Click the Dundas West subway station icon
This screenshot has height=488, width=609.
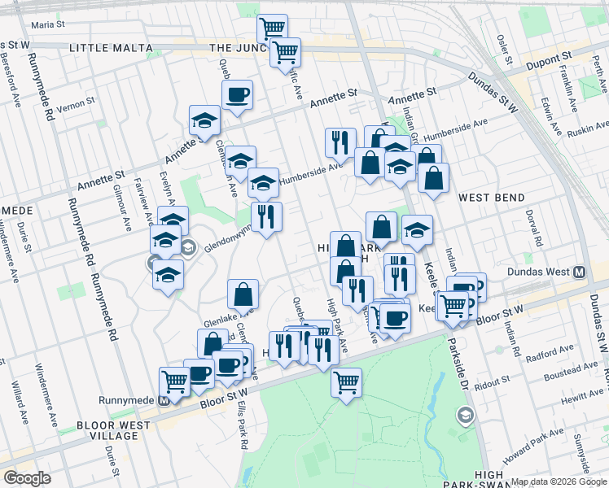coord(580,272)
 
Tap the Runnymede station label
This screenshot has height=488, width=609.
coord(126,399)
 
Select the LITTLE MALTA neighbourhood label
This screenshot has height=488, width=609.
coord(111,48)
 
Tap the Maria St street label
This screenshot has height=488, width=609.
coord(48,25)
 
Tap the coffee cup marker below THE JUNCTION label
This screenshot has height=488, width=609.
coord(237,95)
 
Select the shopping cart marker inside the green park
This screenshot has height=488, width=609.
coord(347,380)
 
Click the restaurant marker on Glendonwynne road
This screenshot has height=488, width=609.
coord(266,216)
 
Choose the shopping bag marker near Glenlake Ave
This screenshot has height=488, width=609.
coord(243,294)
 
